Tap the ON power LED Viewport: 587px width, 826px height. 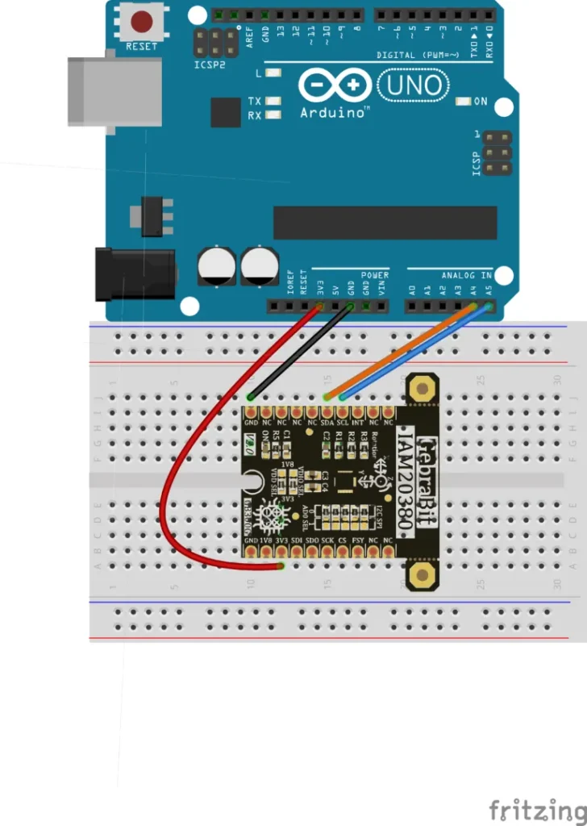click(x=463, y=102)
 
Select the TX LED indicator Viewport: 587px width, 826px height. click(x=273, y=102)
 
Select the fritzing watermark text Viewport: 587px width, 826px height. click(x=537, y=809)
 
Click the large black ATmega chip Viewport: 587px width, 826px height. click(x=385, y=223)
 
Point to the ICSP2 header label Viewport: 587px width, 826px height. click(x=210, y=64)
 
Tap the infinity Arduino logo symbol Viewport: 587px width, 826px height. click(x=335, y=84)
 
